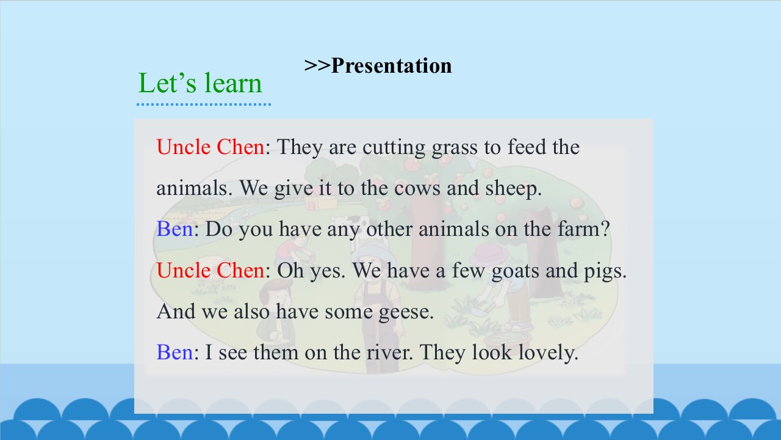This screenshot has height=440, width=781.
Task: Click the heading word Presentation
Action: click(391, 65)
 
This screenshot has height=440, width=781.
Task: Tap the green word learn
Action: click(232, 83)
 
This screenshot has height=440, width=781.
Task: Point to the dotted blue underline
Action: click(204, 104)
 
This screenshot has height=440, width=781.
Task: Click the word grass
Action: click(455, 148)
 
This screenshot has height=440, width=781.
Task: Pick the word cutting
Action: click(394, 147)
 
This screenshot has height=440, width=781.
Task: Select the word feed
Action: click(527, 147)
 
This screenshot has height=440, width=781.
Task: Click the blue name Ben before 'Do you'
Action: click(175, 229)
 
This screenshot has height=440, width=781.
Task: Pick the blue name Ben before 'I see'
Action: click(175, 353)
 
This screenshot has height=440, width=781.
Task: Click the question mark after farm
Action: click(606, 229)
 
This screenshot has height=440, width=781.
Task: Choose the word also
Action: click(251, 312)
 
